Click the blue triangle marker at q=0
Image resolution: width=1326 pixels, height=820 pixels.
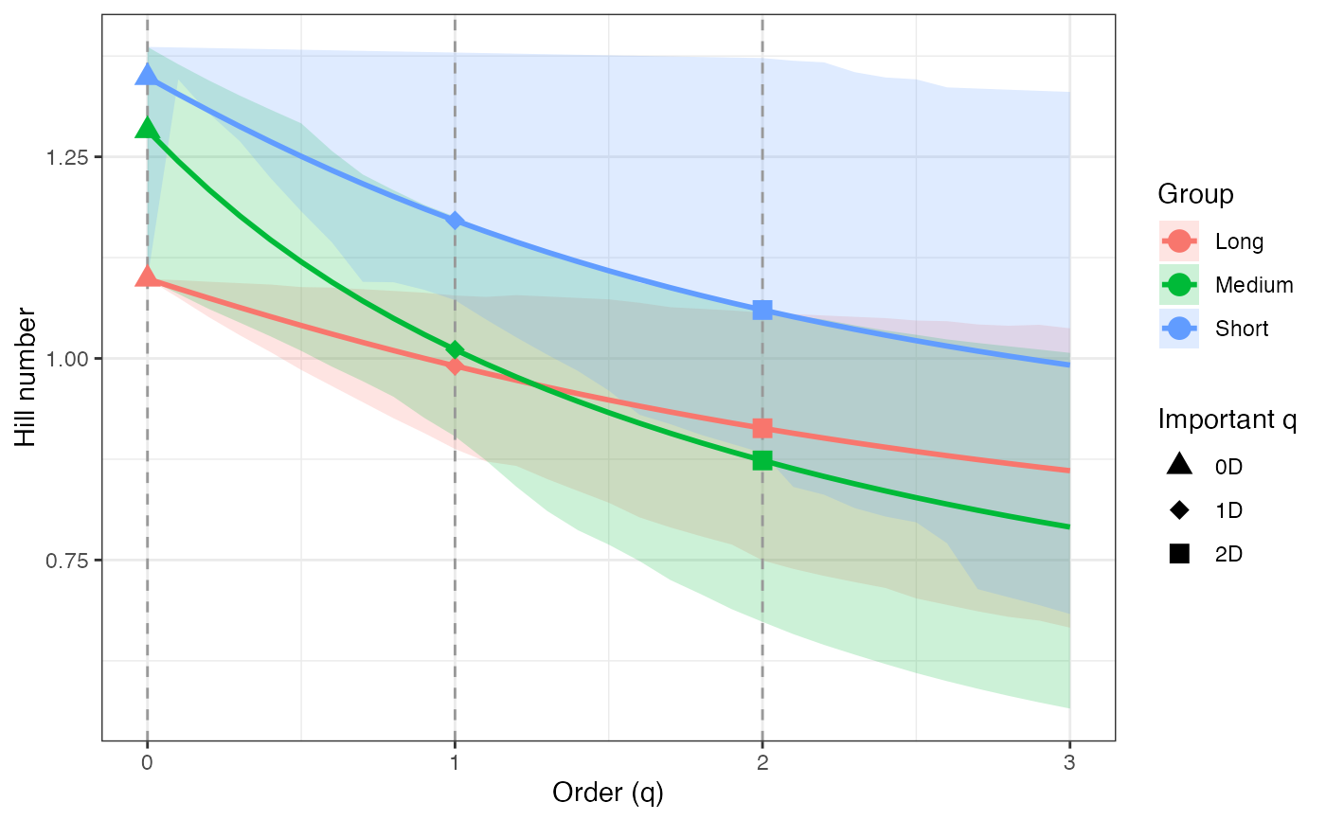pos(147,75)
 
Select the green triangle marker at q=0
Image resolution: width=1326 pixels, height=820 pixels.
pos(147,129)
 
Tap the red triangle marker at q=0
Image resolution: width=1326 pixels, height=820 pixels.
pos(147,276)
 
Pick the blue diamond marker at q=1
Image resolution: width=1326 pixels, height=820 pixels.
pos(455,221)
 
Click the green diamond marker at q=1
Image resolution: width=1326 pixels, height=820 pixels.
pos(455,350)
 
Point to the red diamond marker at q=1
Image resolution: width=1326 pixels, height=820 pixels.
pos(455,365)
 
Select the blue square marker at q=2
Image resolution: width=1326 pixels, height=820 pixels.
pos(762,310)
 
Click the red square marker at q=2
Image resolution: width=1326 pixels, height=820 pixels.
pos(762,429)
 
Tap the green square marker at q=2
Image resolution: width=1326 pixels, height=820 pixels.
pos(762,460)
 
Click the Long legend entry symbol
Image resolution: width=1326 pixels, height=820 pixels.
pos(1179,241)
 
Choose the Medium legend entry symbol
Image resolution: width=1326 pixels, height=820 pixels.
pos(1179,285)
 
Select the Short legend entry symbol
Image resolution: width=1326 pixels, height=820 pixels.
pos(1179,329)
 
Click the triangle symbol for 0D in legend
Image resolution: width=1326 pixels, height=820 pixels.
pos(1179,465)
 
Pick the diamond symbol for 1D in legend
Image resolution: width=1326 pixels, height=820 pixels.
pos(1179,510)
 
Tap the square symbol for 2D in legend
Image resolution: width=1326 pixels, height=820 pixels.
pos(1179,554)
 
